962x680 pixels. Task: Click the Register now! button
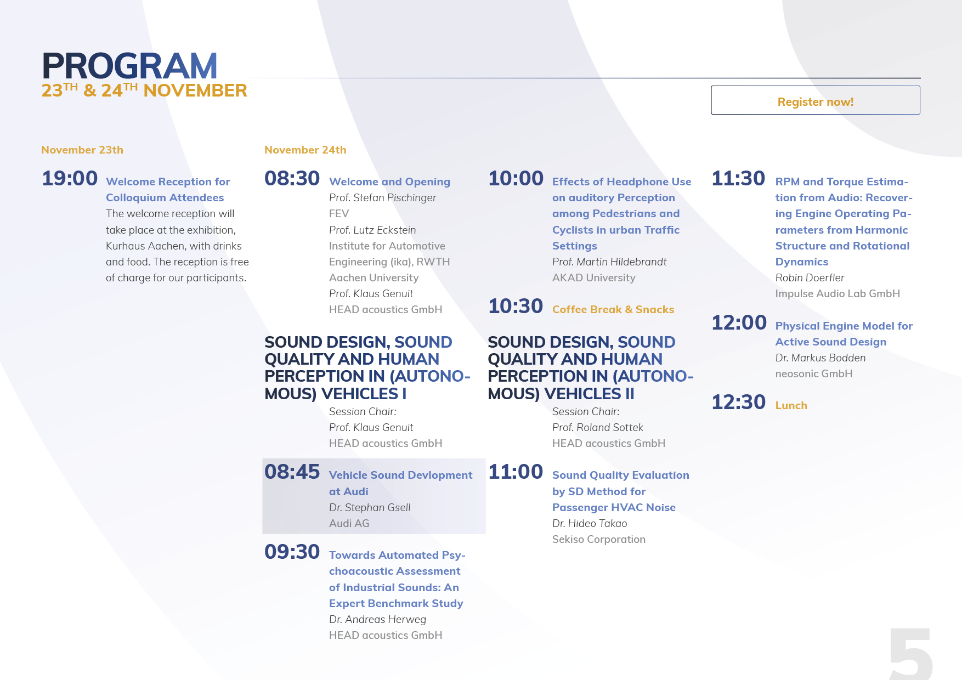coord(816,100)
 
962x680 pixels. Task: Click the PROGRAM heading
coord(130,66)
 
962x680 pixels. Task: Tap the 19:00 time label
coord(70,178)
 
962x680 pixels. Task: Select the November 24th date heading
coord(305,150)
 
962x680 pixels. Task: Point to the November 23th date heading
coord(82,150)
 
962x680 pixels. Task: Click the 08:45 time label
coord(292,472)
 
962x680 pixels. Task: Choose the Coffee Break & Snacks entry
coord(613,309)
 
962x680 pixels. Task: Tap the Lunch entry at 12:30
coord(791,405)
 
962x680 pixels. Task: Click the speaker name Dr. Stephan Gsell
coord(370,508)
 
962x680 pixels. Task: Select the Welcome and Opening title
coord(389,182)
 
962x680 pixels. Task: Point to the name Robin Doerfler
coord(810,277)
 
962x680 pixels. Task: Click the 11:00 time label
coord(516,472)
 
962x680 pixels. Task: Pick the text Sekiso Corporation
coord(599,540)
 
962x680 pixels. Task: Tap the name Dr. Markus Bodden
coord(820,358)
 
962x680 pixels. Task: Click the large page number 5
coord(910,654)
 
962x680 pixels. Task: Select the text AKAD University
coord(594,278)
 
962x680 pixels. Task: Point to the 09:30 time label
coord(292,552)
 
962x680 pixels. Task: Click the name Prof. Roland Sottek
coord(598,428)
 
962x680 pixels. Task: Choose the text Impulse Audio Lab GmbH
coord(837,294)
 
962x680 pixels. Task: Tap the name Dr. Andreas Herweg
coord(377,620)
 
